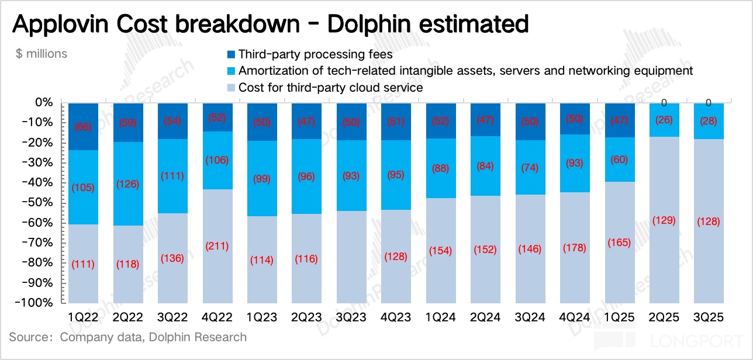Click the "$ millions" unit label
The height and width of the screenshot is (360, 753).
[x=42, y=54]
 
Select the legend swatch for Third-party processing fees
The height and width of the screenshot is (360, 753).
[x=231, y=54]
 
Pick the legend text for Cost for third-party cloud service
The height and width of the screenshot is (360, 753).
[x=330, y=88]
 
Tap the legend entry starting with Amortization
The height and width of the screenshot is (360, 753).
[x=465, y=71]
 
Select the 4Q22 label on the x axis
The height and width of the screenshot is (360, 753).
[x=217, y=317]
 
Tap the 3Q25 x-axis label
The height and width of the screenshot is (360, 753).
[x=708, y=317]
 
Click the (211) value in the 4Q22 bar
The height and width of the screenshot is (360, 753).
[x=217, y=246]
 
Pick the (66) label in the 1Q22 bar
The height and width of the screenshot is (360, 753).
[x=83, y=127]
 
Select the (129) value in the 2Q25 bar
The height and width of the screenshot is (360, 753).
[x=664, y=220]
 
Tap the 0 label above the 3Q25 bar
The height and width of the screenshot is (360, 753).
[x=708, y=103]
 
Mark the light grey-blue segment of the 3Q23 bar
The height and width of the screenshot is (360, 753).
[x=351, y=257]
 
